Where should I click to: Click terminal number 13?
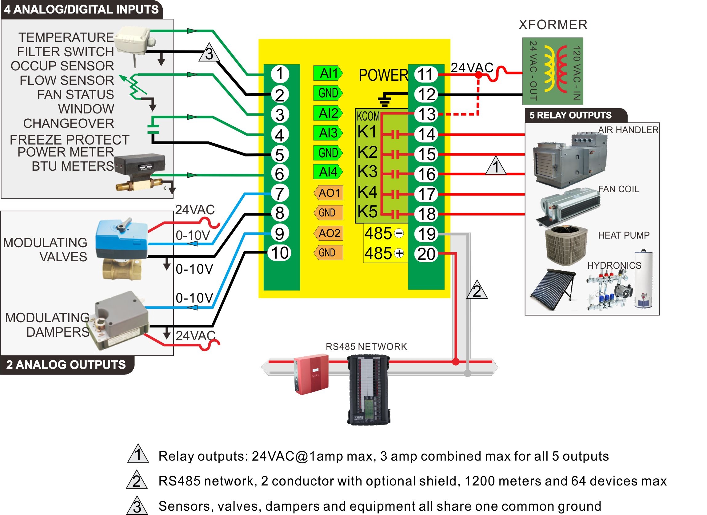(426, 114)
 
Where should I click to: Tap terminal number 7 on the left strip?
(279, 193)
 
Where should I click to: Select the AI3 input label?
(328, 133)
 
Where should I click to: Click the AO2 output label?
(329, 233)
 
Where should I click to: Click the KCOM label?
(368, 116)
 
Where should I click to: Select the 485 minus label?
(384, 233)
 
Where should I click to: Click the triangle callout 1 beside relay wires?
(496, 166)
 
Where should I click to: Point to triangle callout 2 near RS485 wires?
(477, 291)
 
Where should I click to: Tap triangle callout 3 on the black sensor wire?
(209, 53)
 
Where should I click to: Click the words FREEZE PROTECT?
(69, 140)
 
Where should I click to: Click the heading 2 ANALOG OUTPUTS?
(66, 365)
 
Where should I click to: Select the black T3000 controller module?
(368, 390)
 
